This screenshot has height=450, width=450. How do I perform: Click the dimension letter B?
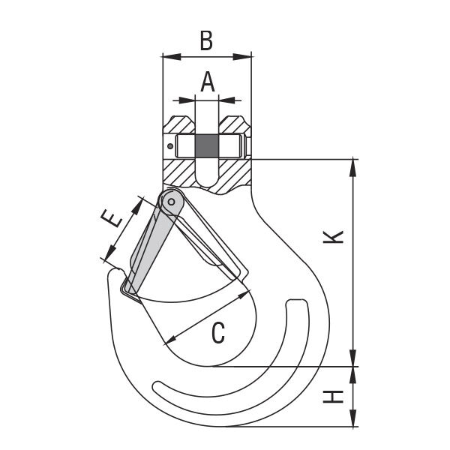(x=206, y=40)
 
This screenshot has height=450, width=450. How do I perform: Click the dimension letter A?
(x=208, y=82)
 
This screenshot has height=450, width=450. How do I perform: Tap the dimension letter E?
(x=111, y=218)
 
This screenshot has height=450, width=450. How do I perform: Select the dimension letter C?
(x=218, y=332)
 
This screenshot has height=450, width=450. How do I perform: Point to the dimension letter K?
(x=333, y=237)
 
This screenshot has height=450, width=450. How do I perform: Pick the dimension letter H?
(x=333, y=397)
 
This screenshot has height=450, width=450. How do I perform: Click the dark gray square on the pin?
(x=207, y=146)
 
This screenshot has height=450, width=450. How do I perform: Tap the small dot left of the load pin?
(x=170, y=146)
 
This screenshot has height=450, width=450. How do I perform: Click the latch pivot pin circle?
(x=171, y=202)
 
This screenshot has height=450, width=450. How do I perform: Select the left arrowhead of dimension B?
(x=172, y=57)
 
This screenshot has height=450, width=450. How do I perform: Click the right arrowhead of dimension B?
(x=242, y=57)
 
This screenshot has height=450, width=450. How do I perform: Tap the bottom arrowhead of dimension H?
(x=353, y=418)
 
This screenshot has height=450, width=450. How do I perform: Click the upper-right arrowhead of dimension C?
(x=243, y=295)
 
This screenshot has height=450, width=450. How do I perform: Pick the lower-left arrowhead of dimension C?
(x=172, y=339)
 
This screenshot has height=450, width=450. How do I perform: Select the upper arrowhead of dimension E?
(x=137, y=207)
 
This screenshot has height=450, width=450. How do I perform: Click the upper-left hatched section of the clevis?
(x=178, y=124)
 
